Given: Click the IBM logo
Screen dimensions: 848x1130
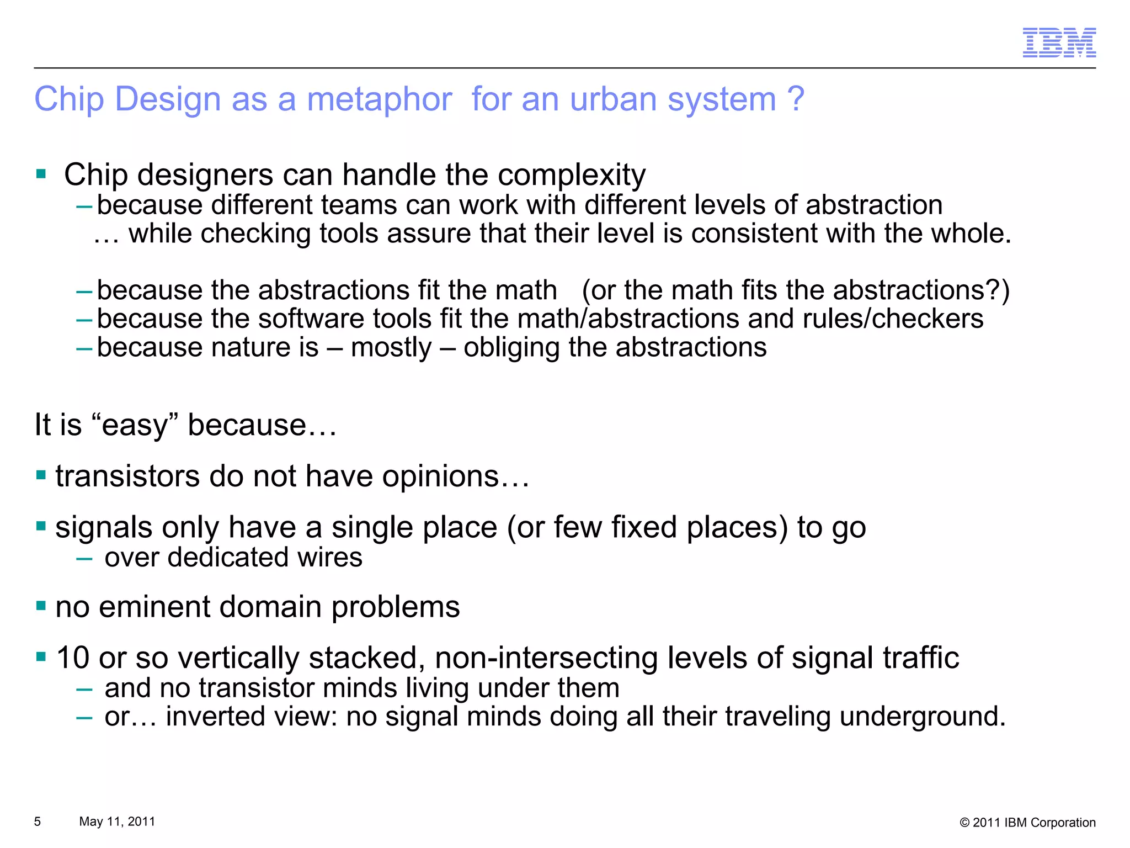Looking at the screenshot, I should pyautogui.click(x=1059, y=43).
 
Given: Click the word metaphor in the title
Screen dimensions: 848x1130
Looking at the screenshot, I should pyautogui.click(x=379, y=100).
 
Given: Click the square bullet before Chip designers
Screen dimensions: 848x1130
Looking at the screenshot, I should pyautogui.click(x=41, y=174).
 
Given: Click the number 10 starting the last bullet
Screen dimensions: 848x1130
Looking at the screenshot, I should pyautogui.click(x=72, y=658).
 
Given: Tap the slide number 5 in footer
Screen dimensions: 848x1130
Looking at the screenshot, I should pyautogui.click(x=38, y=821).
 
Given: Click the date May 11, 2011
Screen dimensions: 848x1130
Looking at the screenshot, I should pyautogui.click(x=117, y=821).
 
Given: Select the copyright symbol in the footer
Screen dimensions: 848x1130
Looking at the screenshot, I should pyautogui.click(x=964, y=823).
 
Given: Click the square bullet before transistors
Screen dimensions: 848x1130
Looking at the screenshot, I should pyautogui.click(x=41, y=475).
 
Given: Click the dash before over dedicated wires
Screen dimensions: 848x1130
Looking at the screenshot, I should pyautogui.click(x=84, y=558).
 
